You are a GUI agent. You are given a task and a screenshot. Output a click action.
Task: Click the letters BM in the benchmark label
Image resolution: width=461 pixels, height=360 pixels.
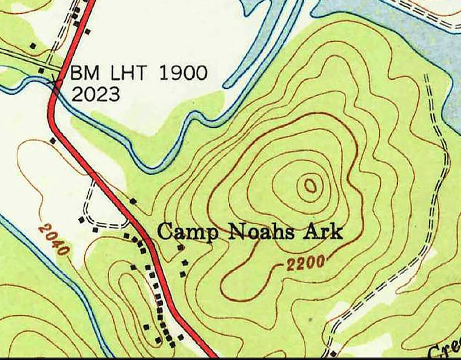tap(82, 74)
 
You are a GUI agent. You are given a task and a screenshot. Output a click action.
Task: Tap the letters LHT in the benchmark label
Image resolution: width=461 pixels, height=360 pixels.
tap(125, 74)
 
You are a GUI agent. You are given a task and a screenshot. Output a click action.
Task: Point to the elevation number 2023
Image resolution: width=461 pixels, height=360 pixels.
tap(95, 94)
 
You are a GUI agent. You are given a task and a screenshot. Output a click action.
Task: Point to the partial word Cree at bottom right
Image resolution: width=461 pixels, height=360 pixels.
tap(444, 350)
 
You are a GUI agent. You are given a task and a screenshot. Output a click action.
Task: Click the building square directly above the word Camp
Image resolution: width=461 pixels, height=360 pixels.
tap(133, 201)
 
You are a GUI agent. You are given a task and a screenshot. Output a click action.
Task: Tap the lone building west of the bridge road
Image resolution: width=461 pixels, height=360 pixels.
tap(33, 45)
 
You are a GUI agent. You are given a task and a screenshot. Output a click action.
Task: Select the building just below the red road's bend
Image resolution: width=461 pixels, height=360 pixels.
tap(53, 140)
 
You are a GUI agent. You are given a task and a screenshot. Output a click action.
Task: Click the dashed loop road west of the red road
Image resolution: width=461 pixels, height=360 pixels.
tap(107, 209)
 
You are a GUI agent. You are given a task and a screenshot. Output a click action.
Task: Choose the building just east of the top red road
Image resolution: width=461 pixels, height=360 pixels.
tap(88, 31)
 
